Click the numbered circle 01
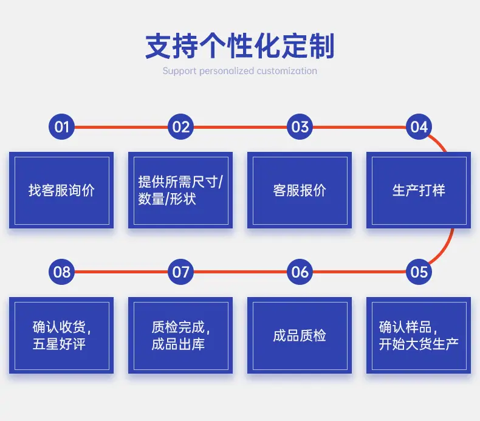coord(61,127)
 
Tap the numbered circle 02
coord(180,127)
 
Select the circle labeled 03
coord(300,127)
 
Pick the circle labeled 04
coord(419,127)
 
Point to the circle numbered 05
coord(419,272)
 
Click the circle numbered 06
coord(300,272)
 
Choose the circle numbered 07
coord(180,272)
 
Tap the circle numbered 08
coord(61,272)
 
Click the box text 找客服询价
coord(61,190)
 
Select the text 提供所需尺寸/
coord(180,182)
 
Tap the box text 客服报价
coord(300,190)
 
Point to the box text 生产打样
coord(419,190)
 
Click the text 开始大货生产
coord(419,344)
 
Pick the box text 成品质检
coord(300,335)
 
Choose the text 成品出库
coord(178,344)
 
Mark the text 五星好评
coord(59,344)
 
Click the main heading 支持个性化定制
coord(239,46)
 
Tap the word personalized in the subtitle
coord(227,71)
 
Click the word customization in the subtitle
coord(287,70)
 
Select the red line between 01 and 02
coord(122,127)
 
